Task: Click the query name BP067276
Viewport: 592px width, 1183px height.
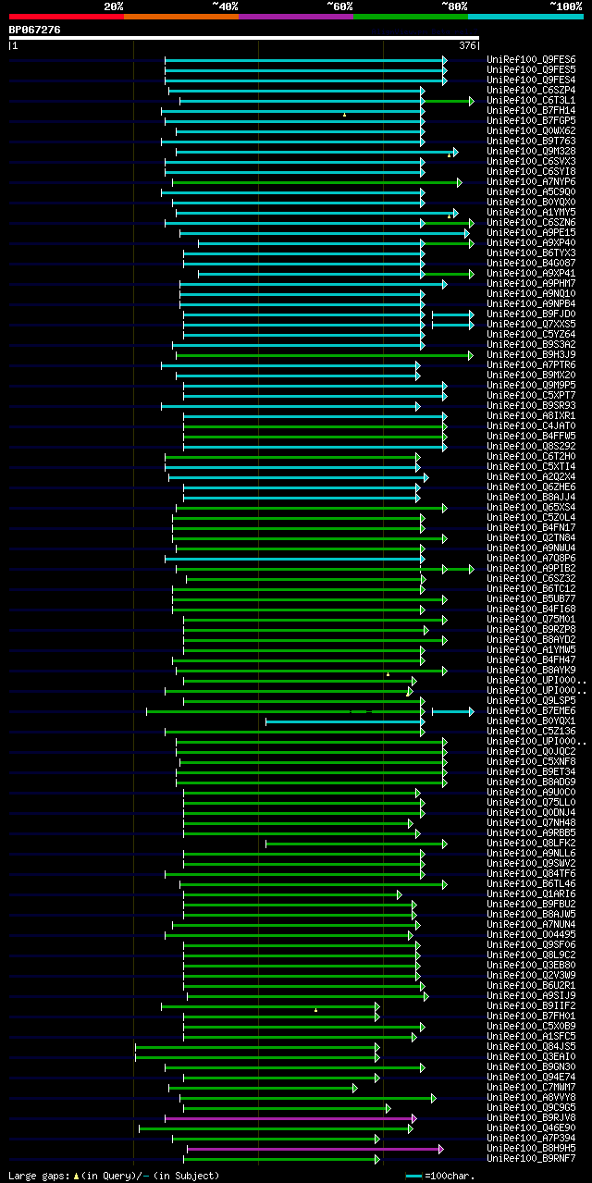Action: coord(35,30)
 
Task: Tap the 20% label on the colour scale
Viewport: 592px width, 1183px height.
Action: coord(114,6)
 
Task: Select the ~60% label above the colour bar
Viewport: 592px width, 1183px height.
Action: coord(339,6)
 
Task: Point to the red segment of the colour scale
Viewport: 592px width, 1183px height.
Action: coord(66,17)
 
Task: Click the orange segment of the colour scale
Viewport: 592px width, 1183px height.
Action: coord(180,17)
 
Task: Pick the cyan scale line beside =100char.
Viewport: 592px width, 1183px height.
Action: coord(414,1176)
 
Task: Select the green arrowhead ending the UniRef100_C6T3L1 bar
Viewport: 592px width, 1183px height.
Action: coord(471,100)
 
